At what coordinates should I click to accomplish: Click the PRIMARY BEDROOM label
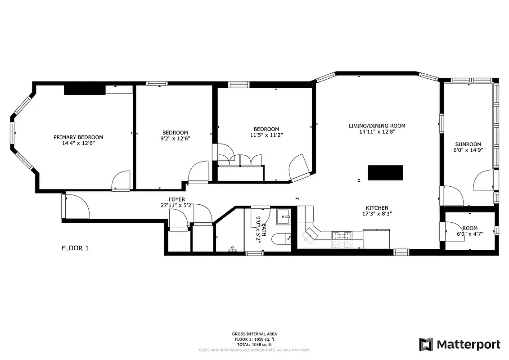(78, 137)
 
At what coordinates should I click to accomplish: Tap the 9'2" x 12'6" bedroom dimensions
(175, 139)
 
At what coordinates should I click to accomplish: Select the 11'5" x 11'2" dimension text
(266, 135)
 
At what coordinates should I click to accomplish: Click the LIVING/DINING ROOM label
(377, 126)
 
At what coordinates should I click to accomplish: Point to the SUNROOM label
(468, 144)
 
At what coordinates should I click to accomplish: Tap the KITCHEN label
(377, 208)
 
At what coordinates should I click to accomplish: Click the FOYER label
(177, 199)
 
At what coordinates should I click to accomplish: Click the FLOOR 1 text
(75, 247)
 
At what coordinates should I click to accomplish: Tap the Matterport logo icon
(426, 344)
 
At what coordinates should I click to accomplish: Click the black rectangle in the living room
(385, 173)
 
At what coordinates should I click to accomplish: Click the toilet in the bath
(283, 238)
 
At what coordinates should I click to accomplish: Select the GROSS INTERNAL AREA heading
(254, 334)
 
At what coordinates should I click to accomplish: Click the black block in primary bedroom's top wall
(85, 90)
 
